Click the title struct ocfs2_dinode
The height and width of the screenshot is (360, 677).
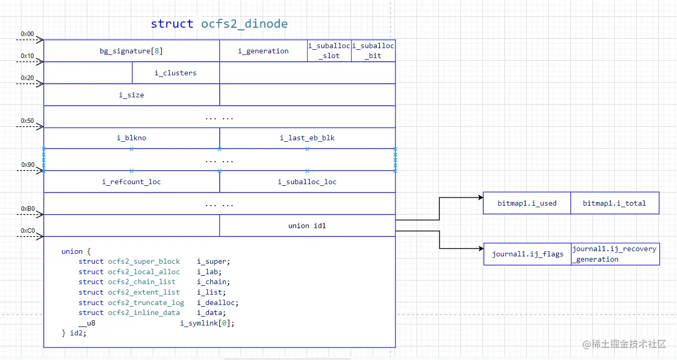tap(219, 24)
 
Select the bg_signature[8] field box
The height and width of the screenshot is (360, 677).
tap(131, 51)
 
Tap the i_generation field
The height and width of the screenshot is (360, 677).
tap(263, 51)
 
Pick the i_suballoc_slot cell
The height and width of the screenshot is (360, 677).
tap(329, 51)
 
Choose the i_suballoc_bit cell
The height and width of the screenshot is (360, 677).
tap(373, 51)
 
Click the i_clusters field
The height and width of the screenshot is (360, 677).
tap(175, 73)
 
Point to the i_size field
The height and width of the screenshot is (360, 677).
tap(131, 95)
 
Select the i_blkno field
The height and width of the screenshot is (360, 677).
tap(131, 138)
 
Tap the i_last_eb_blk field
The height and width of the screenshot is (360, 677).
tap(307, 138)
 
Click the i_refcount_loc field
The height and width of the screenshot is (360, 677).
tap(131, 182)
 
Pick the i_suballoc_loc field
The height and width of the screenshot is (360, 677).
tap(307, 182)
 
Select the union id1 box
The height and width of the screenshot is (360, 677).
tap(307, 226)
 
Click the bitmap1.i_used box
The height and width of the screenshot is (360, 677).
tap(527, 203)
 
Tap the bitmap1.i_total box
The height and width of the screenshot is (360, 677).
tap(614, 203)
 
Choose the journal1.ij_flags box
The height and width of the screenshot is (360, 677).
tap(527, 254)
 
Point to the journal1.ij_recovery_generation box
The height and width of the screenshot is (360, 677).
tap(615, 254)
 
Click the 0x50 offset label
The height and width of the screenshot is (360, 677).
tap(27, 121)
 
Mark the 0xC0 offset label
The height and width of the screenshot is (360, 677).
tap(27, 230)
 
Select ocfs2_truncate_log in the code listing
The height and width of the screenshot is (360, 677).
tap(146, 302)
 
